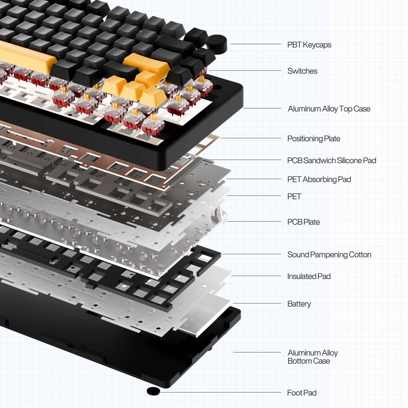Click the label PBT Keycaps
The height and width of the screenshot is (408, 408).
point(309,45)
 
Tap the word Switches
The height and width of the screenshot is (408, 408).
point(302,71)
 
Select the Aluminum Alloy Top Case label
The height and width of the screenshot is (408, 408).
point(329,109)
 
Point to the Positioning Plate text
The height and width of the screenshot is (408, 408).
point(314,139)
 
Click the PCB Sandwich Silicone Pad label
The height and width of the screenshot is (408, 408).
point(331,161)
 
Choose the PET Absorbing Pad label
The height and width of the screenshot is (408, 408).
point(319,180)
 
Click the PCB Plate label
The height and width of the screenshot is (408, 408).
point(303,222)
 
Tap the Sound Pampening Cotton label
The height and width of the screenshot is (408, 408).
point(329,254)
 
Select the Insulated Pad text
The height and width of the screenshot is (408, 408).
point(309,276)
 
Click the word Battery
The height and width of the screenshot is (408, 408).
point(299,304)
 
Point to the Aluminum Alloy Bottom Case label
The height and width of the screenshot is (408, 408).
point(312,357)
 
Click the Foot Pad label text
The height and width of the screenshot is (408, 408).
point(302,393)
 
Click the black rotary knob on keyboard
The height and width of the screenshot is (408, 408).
point(216,43)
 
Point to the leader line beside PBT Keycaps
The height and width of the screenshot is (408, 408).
point(255,44)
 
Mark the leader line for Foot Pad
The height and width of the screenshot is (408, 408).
point(219,392)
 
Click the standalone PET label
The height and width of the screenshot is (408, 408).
point(294,197)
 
